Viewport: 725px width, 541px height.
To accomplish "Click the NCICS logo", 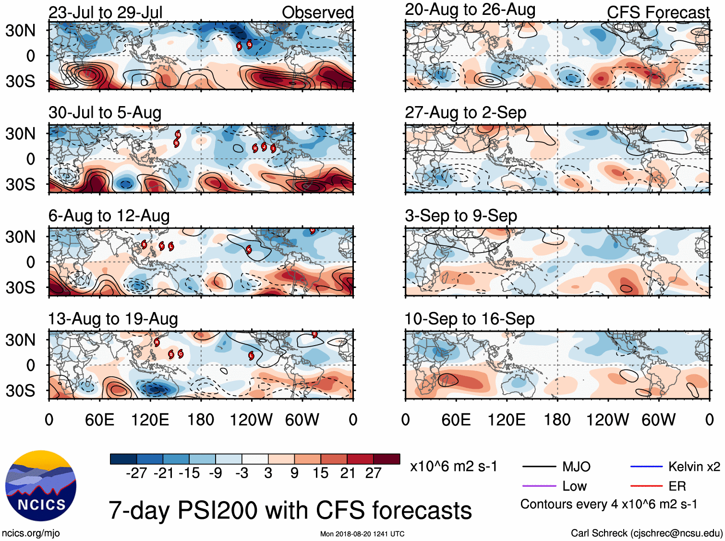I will [x=40, y=485].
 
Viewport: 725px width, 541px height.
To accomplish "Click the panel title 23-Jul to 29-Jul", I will [x=106, y=12].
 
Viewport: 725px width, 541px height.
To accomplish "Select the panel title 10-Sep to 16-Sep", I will [x=469, y=319].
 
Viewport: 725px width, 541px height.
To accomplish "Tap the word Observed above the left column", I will [x=317, y=12].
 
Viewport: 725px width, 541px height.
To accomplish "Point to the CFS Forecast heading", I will [x=658, y=12].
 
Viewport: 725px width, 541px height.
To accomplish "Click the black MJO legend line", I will [x=539, y=467].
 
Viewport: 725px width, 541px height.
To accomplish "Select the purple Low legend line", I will [x=539, y=486].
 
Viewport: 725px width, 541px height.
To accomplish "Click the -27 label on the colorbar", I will [x=136, y=473].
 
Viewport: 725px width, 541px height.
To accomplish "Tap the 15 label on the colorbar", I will [x=320, y=473].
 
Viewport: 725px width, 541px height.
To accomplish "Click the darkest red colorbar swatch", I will [x=387, y=459].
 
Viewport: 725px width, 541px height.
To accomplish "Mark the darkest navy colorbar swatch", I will [x=123, y=459].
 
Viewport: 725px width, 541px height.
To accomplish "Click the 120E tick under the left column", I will [x=150, y=420].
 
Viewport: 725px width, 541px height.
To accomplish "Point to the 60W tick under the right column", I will [x=658, y=420].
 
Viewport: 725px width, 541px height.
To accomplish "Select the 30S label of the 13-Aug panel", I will [x=20, y=391].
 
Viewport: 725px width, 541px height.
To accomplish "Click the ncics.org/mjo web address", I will [x=31, y=533].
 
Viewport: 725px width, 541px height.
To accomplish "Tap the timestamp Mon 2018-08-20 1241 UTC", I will [x=362, y=534].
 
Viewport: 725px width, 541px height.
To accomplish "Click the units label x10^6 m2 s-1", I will [x=453, y=467].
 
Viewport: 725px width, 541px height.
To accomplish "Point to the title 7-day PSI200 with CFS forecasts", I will [x=290, y=510].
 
